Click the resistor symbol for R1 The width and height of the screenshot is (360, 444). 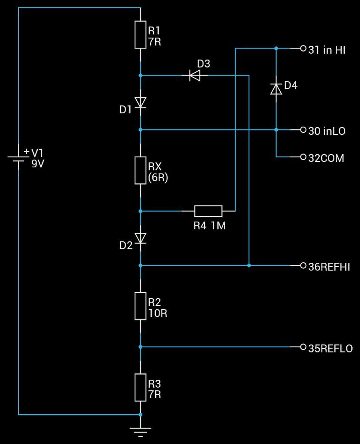[141, 35]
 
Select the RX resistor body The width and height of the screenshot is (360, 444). [141, 170]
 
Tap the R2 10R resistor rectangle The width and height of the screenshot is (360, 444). [141, 306]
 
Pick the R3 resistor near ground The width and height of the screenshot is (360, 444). [141, 387]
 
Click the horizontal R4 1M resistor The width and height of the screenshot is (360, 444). [208, 211]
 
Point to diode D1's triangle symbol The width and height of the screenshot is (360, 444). [141, 102]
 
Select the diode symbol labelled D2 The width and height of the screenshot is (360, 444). [141, 238]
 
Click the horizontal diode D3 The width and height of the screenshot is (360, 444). [195, 75]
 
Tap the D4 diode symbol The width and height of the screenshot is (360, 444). [276, 88]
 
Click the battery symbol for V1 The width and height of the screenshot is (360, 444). [18, 159]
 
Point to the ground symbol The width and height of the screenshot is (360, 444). [141, 431]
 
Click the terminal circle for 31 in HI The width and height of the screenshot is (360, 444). [303, 49]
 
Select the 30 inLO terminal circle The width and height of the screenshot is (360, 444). [303, 130]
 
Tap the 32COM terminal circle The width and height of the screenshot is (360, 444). [303, 157]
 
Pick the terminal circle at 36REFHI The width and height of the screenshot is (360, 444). [303, 265]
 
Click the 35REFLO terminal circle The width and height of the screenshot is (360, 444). [303, 346]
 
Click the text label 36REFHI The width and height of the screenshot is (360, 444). [329, 267]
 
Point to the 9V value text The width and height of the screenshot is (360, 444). [38, 164]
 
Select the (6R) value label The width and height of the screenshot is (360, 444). [158, 177]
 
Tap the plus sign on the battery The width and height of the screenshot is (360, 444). [26, 151]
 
